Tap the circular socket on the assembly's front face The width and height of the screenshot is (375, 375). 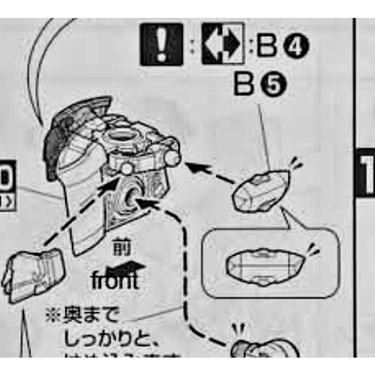[132, 195]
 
